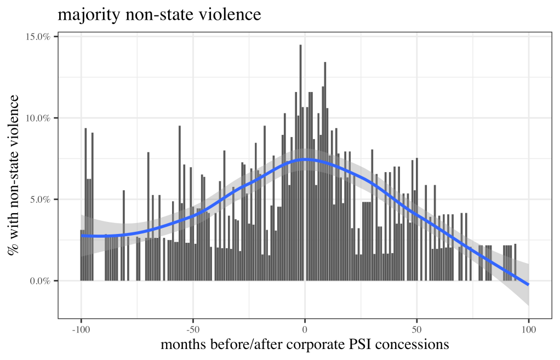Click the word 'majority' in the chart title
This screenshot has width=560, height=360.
pos(84,15)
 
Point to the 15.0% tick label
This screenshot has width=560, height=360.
pos(38,37)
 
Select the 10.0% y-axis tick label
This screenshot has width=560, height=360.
pos(38,118)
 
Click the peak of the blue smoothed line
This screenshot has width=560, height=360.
pos(305,159)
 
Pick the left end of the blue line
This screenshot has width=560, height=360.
pos(81,236)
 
